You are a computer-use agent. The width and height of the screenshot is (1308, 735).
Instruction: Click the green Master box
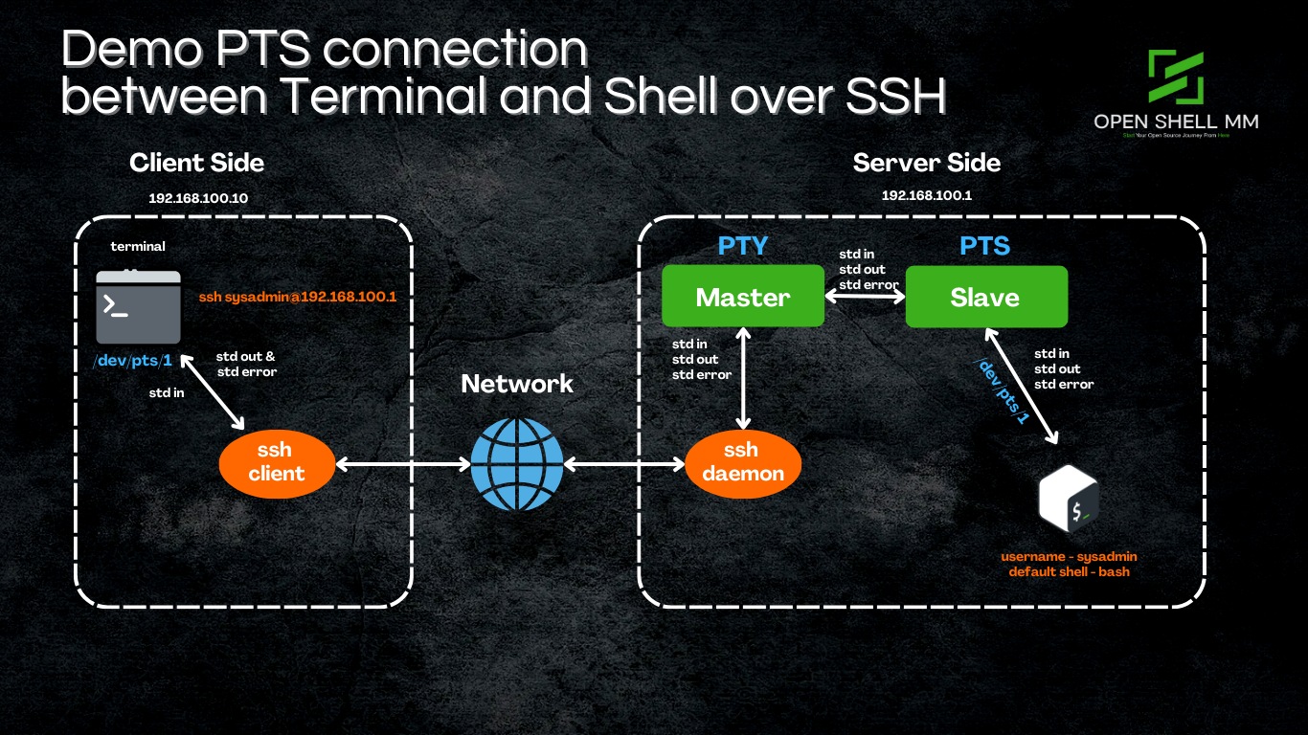tap(743, 297)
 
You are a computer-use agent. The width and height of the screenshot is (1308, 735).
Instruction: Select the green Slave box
tap(985, 297)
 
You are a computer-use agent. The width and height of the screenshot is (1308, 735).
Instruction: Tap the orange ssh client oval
tap(277, 462)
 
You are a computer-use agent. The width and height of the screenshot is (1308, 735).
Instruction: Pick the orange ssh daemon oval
tap(742, 462)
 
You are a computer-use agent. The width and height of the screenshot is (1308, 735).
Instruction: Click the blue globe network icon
tap(516, 463)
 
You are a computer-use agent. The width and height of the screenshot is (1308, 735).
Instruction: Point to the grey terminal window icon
tap(138, 306)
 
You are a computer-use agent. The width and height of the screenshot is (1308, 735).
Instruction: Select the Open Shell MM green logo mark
tap(1175, 77)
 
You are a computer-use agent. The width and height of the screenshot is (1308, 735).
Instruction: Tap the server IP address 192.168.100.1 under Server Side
tap(925, 195)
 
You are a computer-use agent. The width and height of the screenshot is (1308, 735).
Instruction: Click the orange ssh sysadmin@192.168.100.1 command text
tap(298, 298)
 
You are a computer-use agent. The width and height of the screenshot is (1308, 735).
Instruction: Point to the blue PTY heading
tap(743, 246)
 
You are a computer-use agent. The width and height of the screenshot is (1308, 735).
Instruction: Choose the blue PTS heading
tap(985, 246)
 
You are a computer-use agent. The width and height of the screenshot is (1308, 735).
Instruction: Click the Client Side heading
tap(196, 163)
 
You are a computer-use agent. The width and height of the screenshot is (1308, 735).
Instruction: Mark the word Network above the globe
tap(517, 384)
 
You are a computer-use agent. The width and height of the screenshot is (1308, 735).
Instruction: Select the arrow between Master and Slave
tap(865, 298)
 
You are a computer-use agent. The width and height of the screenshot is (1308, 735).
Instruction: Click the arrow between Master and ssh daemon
tap(742, 379)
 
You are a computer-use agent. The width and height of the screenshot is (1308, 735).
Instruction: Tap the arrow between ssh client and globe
tap(403, 464)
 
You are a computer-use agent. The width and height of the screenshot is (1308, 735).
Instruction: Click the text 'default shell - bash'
tap(1069, 572)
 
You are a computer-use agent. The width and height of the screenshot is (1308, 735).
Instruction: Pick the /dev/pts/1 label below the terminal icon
tap(132, 361)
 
